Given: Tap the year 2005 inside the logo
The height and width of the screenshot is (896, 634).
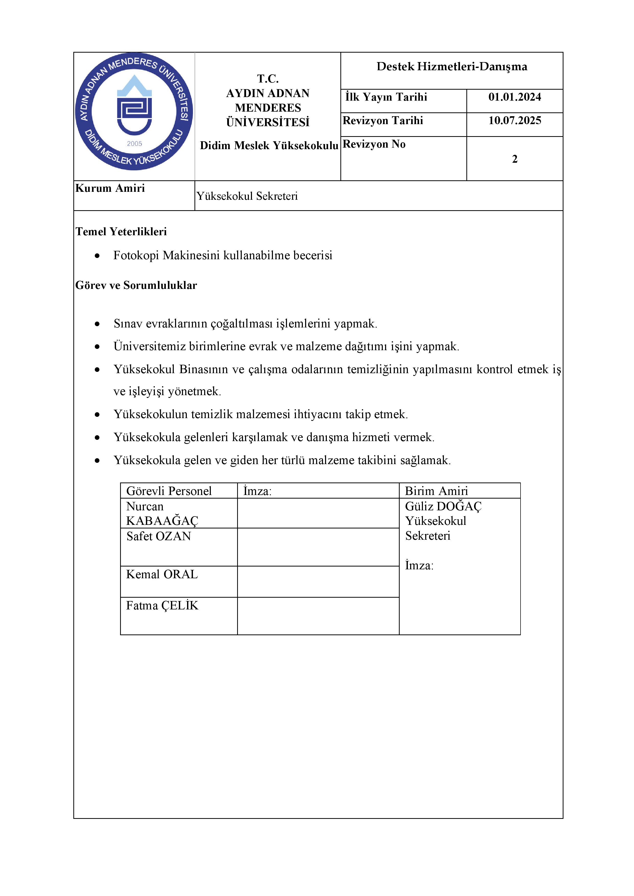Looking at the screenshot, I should click(134, 144).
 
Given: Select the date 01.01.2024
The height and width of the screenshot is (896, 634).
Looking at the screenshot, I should click(515, 97).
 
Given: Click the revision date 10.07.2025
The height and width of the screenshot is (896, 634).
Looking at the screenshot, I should click(515, 121).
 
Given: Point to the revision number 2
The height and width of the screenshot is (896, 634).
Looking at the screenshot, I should click(515, 159).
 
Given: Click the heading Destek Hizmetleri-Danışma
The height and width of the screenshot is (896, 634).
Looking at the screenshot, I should click(452, 67).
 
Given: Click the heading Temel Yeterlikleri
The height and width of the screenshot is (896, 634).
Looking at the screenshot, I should click(121, 232).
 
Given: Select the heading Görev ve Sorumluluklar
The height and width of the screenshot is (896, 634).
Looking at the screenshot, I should click(136, 286).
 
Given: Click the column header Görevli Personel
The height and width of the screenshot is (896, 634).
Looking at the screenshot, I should click(169, 491).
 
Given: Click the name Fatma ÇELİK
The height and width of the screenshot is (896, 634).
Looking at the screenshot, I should click(162, 606).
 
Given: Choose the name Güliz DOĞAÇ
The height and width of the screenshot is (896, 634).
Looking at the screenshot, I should click(443, 506).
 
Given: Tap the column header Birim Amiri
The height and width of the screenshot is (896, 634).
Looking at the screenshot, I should click(436, 491).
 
